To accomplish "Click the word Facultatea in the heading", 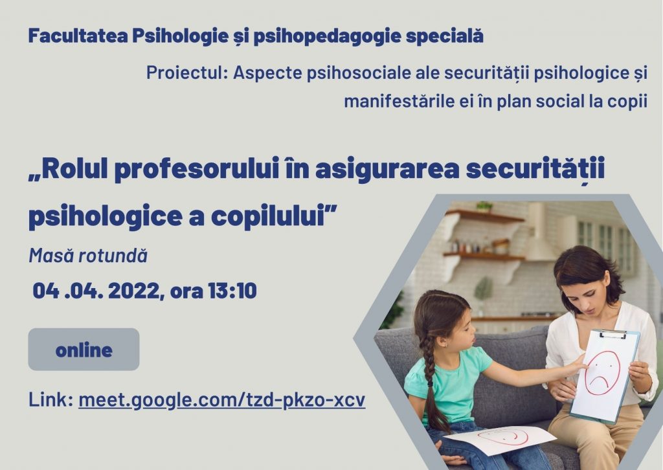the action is tap(78, 36).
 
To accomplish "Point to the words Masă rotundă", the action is tap(88, 256).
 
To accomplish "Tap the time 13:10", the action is tap(232, 291).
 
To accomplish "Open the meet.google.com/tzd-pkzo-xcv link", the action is tap(222, 400).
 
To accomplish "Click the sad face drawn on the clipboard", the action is tap(602, 373).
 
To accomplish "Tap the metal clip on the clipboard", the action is tap(612, 334).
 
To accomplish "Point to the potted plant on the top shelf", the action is tap(484, 207).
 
